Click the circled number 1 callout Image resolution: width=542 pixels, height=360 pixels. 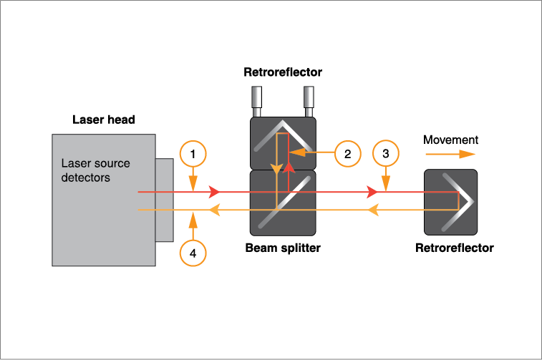(193, 153)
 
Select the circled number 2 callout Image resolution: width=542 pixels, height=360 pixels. (347, 153)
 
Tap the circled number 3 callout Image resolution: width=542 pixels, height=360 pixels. (386, 153)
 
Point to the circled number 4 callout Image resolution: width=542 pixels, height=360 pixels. (193, 252)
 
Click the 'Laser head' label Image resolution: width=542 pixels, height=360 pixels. (104, 120)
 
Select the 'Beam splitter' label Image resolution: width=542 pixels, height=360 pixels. (283, 248)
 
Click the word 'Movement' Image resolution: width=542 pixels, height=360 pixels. (450, 140)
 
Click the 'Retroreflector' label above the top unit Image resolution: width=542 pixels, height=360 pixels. (283, 72)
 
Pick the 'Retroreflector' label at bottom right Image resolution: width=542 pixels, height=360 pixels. (455, 248)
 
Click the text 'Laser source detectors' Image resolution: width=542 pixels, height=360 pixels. (95, 170)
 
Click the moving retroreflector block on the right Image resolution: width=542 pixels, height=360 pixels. (450, 202)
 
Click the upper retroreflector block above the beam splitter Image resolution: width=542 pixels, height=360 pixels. (282, 143)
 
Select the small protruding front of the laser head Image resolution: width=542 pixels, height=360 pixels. (165, 200)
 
